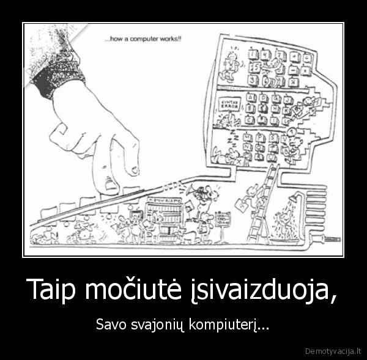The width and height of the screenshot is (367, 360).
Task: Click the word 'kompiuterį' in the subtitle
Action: coord(228,323)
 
